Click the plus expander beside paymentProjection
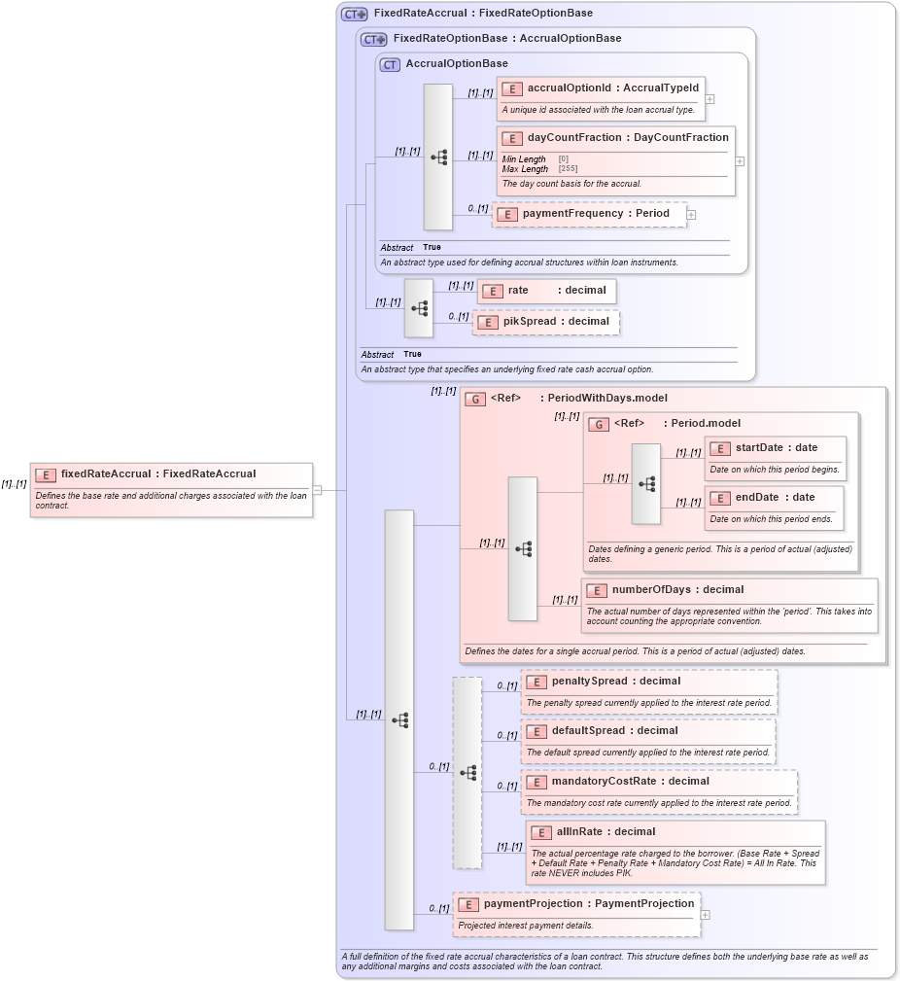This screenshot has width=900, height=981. pos(705,915)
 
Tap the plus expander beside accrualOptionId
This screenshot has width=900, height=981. pos(710,99)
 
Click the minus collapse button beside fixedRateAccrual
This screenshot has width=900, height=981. pos(317,490)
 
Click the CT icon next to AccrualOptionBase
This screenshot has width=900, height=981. pos(390,65)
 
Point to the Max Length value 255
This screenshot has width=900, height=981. pos(568,169)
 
